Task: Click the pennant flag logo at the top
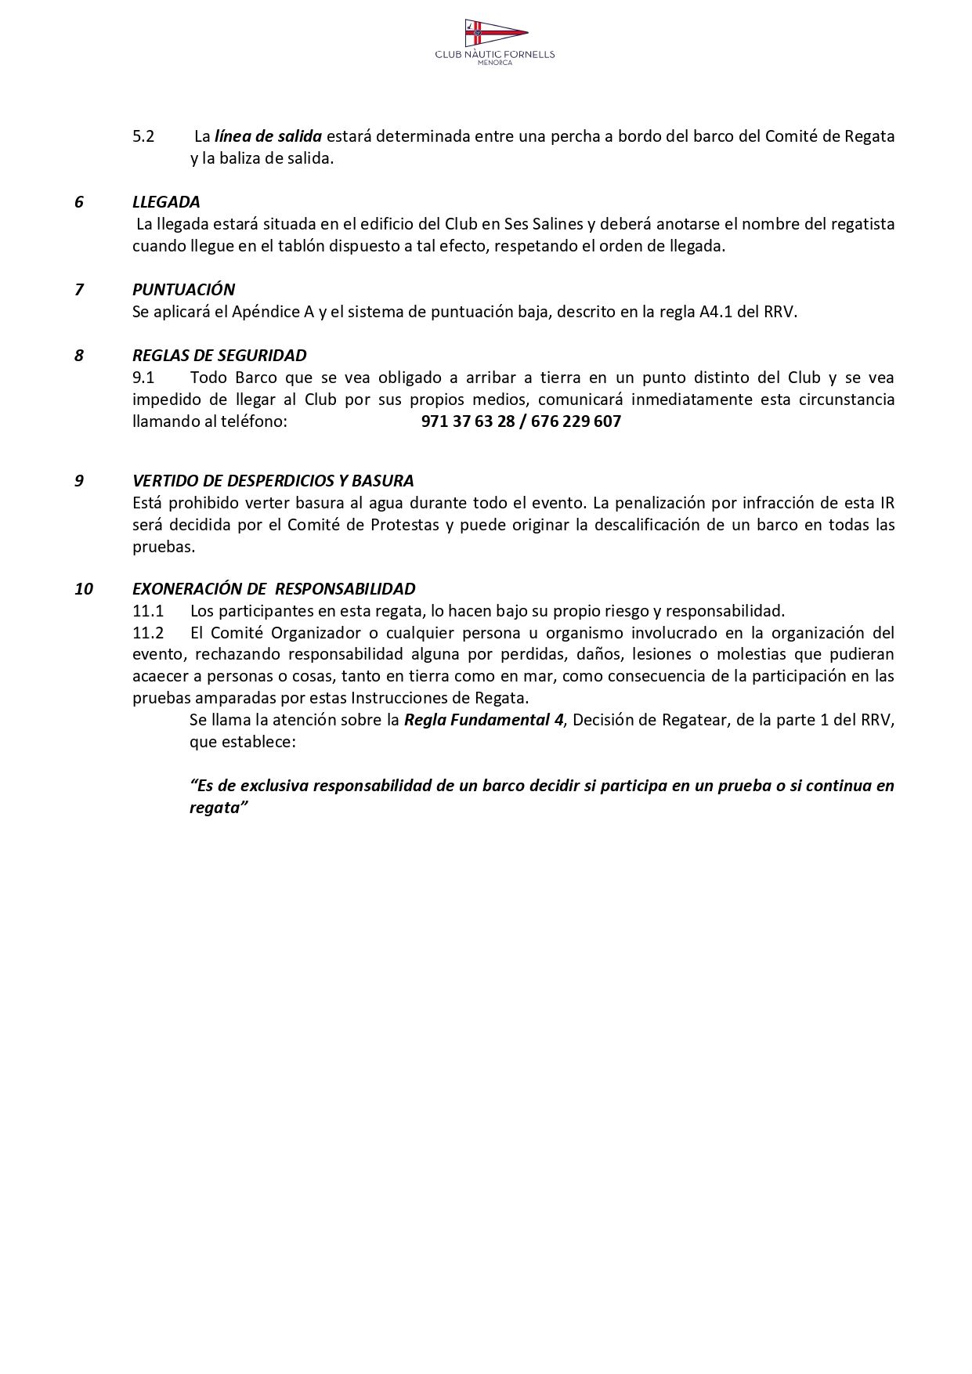point(495,34)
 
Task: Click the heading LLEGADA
point(166,202)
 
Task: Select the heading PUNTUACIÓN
point(183,290)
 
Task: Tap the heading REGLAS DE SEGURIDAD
point(219,356)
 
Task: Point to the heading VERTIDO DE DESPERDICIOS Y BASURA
point(273,481)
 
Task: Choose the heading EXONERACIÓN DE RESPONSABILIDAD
point(273,589)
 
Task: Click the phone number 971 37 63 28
point(468,421)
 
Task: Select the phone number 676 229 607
point(576,421)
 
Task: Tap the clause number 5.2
point(143,136)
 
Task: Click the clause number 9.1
point(143,378)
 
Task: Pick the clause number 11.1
point(148,611)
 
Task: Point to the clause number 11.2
point(148,633)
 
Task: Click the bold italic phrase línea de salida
point(268,136)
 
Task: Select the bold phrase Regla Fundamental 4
point(483,720)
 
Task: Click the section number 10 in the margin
point(84,589)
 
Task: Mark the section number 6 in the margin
point(79,202)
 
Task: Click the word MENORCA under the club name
point(495,63)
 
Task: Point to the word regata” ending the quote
point(219,808)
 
